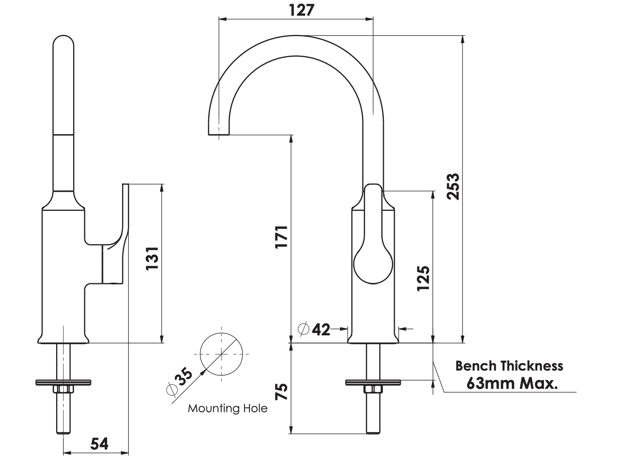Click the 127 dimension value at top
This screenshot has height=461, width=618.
point(301,10)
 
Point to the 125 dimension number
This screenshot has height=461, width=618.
point(423,278)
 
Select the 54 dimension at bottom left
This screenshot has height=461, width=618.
point(99,444)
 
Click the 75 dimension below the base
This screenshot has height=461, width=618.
point(282,391)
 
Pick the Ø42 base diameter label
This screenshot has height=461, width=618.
point(315,329)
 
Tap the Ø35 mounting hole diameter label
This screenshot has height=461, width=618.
point(180,381)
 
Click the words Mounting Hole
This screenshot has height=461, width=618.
point(228,408)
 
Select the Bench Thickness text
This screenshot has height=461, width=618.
point(509,365)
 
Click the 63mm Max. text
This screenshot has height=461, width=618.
point(512,384)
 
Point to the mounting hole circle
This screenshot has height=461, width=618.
point(221,354)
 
